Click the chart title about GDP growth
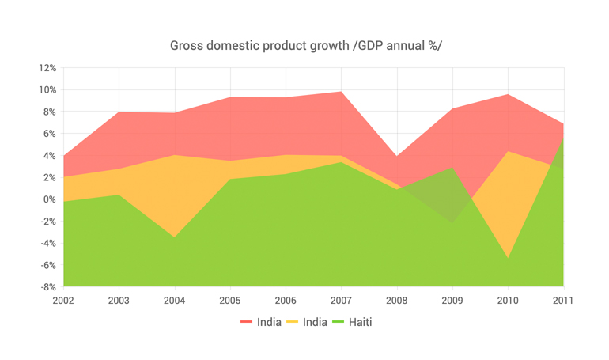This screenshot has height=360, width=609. pyautogui.click(x=305, y=45)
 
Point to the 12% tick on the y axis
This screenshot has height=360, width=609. pyautogui.click(x=47, y=68)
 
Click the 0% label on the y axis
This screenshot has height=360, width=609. pyautogui.click(x=49, y=199)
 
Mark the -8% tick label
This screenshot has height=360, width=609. pyautogui.click(x=47, y=287)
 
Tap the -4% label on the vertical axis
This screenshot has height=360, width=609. pyautogui.click(x=47, y=244)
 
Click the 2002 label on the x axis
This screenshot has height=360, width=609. pyautogui.click(x=63, y=301)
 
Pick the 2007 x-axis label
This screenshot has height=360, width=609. pyautogui.click(x=341, y=301)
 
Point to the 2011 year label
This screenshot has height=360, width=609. pyautogui.click(x=562, y=301)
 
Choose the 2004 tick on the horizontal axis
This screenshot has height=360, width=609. pyautogui.click(x=174, y=301)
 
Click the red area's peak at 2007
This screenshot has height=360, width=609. pyautogui.click(x=341, y=92)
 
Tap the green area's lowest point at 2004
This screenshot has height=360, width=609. pyautogui.click(x=174, y=237)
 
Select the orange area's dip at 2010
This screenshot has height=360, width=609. pyautogui.click(x=508, y=258)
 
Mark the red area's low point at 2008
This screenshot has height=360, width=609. pyautogui.click(x=397, y=156)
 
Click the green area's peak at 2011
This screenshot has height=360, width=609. pyautogui.click(x=563, y=140)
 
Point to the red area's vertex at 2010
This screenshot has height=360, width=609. pyautogui.click(x=508, y=94)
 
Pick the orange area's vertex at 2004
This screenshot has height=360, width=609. pyautogui.click(x=174, y=155)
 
